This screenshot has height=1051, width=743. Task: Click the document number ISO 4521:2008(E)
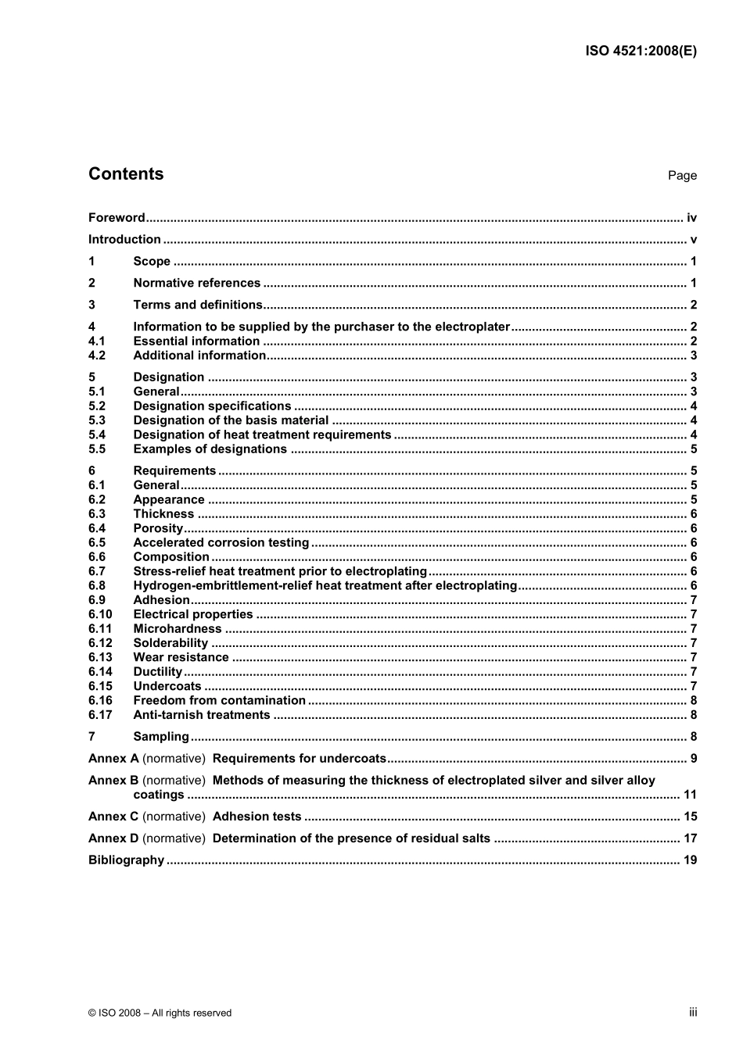click(641, 52)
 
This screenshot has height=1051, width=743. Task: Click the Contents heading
click(126, 174)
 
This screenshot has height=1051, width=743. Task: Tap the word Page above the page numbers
click(682, 176)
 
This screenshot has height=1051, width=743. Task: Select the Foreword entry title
click(117, 218)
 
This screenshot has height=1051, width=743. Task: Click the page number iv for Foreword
click(691, 218)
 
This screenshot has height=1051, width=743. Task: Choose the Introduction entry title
click(124, 240)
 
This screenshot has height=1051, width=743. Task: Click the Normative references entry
click(196, 284)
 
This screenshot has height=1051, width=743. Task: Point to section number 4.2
click(97, 356)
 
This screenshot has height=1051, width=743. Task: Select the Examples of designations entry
click(210, 449)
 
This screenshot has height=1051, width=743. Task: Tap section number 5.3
click(97, 420)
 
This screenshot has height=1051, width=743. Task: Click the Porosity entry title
click(158, 529)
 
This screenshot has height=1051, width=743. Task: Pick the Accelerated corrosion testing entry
click(221, 543)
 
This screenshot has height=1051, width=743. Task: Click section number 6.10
click(100, 615)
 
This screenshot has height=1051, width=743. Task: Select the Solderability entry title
click(170, 644)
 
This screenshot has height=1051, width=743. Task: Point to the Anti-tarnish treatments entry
click(201, 716)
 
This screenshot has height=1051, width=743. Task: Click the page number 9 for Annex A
click(694, 759)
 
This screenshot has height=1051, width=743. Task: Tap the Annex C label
click(113, 817)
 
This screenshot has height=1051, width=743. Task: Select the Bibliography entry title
click(126, 860)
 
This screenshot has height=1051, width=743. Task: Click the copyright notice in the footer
click(160, 1013)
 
